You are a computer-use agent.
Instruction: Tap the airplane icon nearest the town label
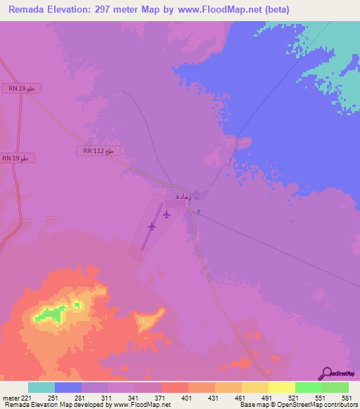point(167,214)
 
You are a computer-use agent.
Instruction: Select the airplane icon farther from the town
point(152,226)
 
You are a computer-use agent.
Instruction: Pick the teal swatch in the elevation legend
point(41,387)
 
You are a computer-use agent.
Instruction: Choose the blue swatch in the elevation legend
point(68,387)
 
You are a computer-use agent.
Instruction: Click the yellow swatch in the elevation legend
point(255,387)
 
